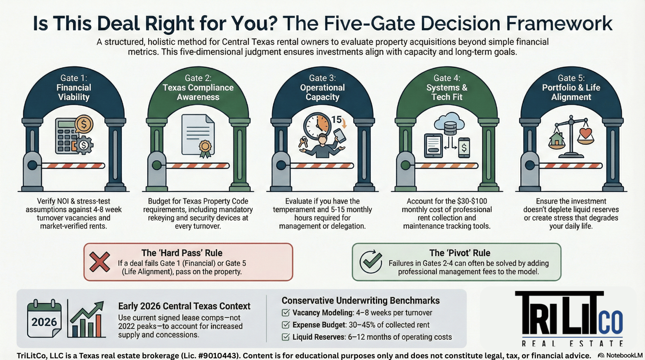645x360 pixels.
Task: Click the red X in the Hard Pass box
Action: [100, 262]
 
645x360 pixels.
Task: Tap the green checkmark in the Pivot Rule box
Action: [371, 262]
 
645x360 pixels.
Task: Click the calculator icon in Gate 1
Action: [67, 135]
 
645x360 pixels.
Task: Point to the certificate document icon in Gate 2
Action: [198, 135]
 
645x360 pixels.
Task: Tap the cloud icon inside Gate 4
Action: [449, 122]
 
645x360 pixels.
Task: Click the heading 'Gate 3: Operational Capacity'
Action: [322, 87]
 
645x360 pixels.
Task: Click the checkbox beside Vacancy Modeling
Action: [286, 313]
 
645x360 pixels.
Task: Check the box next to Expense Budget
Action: [286, 325]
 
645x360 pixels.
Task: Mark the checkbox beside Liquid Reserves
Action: [286, 337]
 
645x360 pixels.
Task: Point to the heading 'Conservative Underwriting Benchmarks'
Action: [360, 300]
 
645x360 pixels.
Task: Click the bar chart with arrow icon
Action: [87, 319]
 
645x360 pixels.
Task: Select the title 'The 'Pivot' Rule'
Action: [459, 253]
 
